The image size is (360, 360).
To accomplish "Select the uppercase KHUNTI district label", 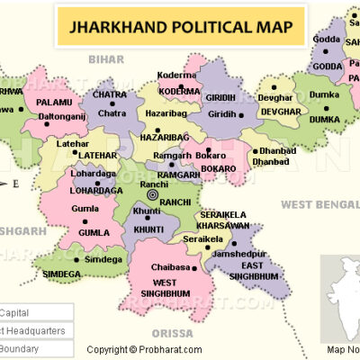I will (x=149, y=230).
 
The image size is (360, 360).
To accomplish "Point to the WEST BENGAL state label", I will (x=317, y=205).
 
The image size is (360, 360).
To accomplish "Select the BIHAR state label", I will (x=104, y=58).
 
